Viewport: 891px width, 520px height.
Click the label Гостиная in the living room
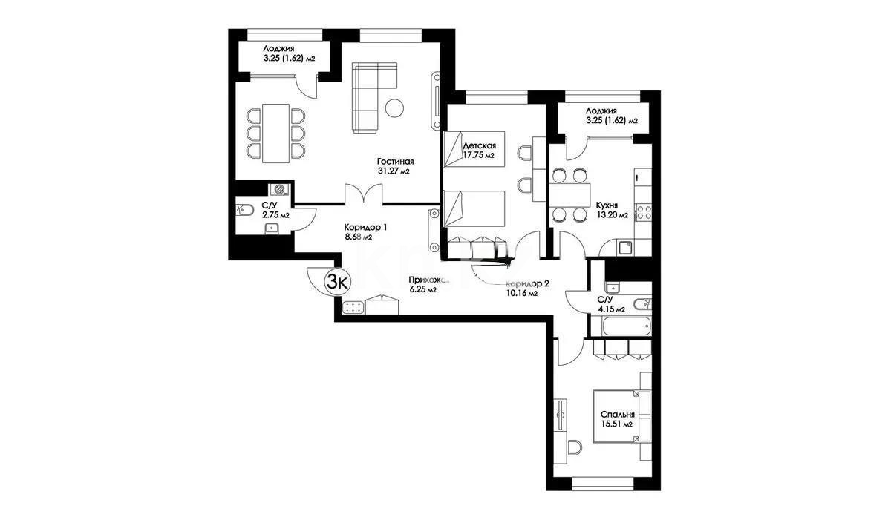[394, 161]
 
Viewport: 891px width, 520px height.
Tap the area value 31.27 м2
[394, 171]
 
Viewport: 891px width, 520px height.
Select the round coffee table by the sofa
[395, 108]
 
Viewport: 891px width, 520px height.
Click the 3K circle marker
[339, 281]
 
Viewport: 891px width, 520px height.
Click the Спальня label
[618, 415]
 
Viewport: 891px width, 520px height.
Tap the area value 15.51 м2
[618, 425]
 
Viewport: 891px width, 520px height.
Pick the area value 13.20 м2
[611, 216]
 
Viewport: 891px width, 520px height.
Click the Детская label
[478, 145]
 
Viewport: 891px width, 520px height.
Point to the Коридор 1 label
[365, 228]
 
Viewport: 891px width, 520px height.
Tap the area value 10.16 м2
[521, 294]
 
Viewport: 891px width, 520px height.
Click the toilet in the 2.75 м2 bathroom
[241, 211]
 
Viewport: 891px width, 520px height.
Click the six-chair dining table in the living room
[275, 134]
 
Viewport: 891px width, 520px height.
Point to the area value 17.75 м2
[478, 156]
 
